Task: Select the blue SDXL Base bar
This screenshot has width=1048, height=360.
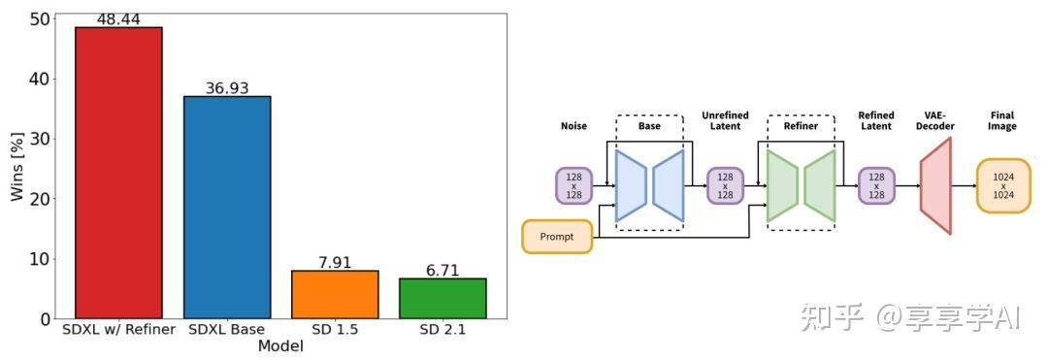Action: coord(227,208)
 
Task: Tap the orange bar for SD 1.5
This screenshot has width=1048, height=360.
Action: coord(335,294)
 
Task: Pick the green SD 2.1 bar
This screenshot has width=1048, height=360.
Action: coord(442,298)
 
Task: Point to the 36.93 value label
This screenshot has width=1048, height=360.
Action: coord(227,88)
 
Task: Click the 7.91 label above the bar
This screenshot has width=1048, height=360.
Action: coord(335,263)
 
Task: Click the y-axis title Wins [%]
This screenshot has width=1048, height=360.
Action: coord(16,167)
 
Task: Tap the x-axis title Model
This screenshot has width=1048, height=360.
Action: coord(280,346)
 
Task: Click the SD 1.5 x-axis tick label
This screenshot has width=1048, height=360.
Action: coord(335,330)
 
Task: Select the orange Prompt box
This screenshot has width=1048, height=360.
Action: coord(557,237)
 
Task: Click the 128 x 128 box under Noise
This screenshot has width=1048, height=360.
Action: coord(573,185)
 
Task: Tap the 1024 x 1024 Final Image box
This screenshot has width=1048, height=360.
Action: coord(1003,185)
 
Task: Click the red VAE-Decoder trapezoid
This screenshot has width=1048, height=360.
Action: coord(935,185)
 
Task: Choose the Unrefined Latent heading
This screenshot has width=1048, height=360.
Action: coord(725,120)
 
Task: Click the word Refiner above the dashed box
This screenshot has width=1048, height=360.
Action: coord(801,126)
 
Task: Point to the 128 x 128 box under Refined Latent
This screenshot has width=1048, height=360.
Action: coord(876,185)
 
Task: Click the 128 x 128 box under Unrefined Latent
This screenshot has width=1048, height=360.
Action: coord(725,185)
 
